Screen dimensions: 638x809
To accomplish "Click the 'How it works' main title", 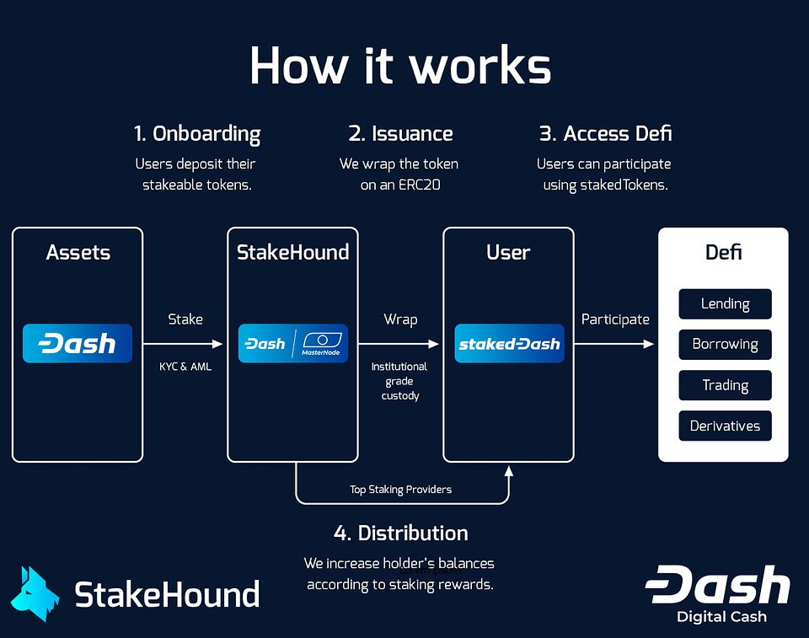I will pos(400,65).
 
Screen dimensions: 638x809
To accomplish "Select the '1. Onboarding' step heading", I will pos(197,134).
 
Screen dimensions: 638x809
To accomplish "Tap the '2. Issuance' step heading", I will pos(400,134).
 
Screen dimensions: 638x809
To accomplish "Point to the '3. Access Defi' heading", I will pos(605,134).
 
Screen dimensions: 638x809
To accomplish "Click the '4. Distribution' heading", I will pos(400,533).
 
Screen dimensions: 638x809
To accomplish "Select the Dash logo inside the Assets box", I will pos(78,344).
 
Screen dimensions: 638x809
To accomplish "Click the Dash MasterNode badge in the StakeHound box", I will pos(292,344).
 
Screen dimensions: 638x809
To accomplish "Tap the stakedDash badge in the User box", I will pos(509,344).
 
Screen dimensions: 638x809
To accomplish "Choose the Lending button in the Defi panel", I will pos(725,303).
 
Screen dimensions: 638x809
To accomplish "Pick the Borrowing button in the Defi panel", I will pos(725,344).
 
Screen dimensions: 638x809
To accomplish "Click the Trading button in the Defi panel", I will pos(725,385).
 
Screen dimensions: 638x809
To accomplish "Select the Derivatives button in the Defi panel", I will pos(725,426).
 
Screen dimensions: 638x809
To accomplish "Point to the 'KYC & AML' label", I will pos(185,367).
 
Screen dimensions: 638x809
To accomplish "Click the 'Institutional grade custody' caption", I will pos(399,381).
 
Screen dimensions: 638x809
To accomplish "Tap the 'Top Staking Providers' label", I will pos(400,490).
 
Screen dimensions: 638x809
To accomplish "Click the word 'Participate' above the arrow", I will pos(615,319).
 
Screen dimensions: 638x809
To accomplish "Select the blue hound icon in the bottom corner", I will pos(35,594).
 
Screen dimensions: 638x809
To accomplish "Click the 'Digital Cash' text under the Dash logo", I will pos(721,617).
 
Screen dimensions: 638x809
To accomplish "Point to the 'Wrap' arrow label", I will pos(400,319).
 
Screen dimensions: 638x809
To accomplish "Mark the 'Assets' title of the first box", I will pos(78,252).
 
